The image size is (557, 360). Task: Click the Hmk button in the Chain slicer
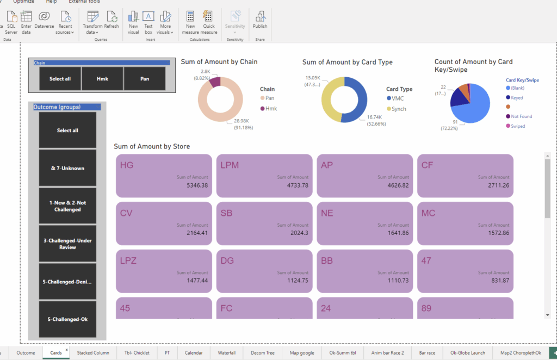[102, 79]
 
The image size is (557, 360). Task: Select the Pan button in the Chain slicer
[144, 79]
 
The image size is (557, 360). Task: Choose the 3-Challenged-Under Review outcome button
[67, 244]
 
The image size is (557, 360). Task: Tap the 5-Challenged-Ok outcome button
[67, 319]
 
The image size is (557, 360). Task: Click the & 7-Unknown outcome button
[67, 168]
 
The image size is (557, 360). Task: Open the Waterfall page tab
[226, 352]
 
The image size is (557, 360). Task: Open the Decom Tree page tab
[263, 352]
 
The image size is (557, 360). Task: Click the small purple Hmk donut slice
[215, 82]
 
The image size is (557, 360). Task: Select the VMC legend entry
[397, 98]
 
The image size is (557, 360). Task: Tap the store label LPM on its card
[230, 165]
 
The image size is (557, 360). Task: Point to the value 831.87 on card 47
[500, 281]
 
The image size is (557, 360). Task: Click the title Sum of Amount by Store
[152, 146]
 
